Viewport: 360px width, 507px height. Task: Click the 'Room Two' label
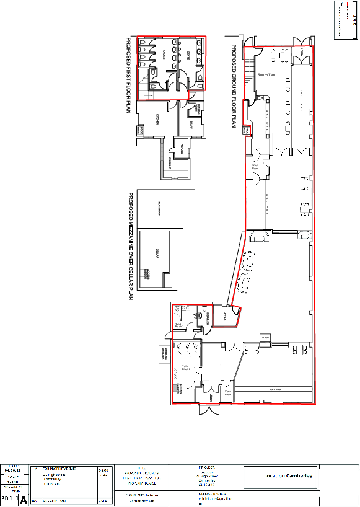click(266, 74)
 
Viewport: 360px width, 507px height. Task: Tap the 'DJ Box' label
click(263, 337)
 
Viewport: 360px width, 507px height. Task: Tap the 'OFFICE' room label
click(225, 315)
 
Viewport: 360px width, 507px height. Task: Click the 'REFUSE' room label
click(182, 148)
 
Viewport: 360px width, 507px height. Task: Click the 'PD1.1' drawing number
click(9, 498)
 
